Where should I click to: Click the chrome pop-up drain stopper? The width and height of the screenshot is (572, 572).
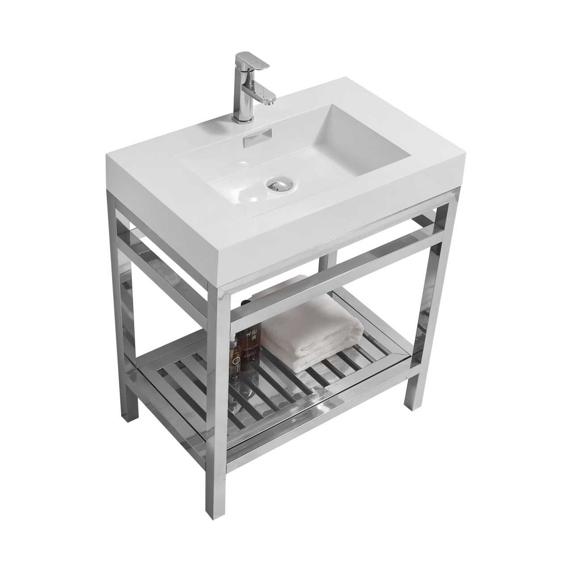(x=277, y=183)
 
